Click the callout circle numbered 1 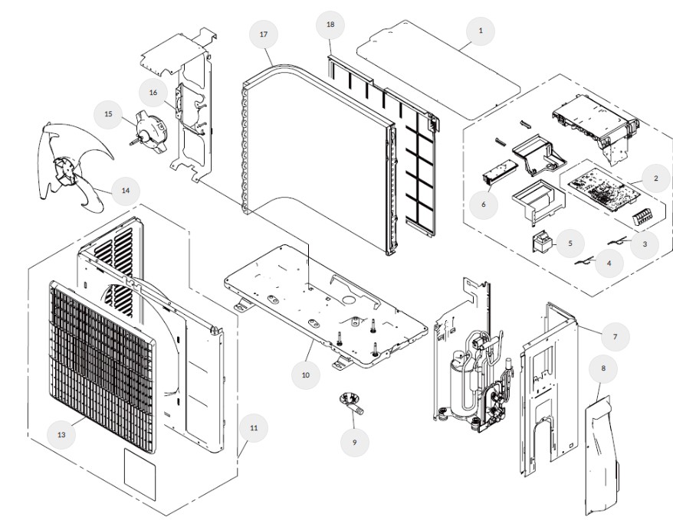point(481,31)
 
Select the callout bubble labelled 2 point(655,179)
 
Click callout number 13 point(61,433)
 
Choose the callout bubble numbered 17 point(264,35)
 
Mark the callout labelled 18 point(330,25)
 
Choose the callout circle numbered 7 point(614,335)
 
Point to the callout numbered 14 point(125,190)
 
